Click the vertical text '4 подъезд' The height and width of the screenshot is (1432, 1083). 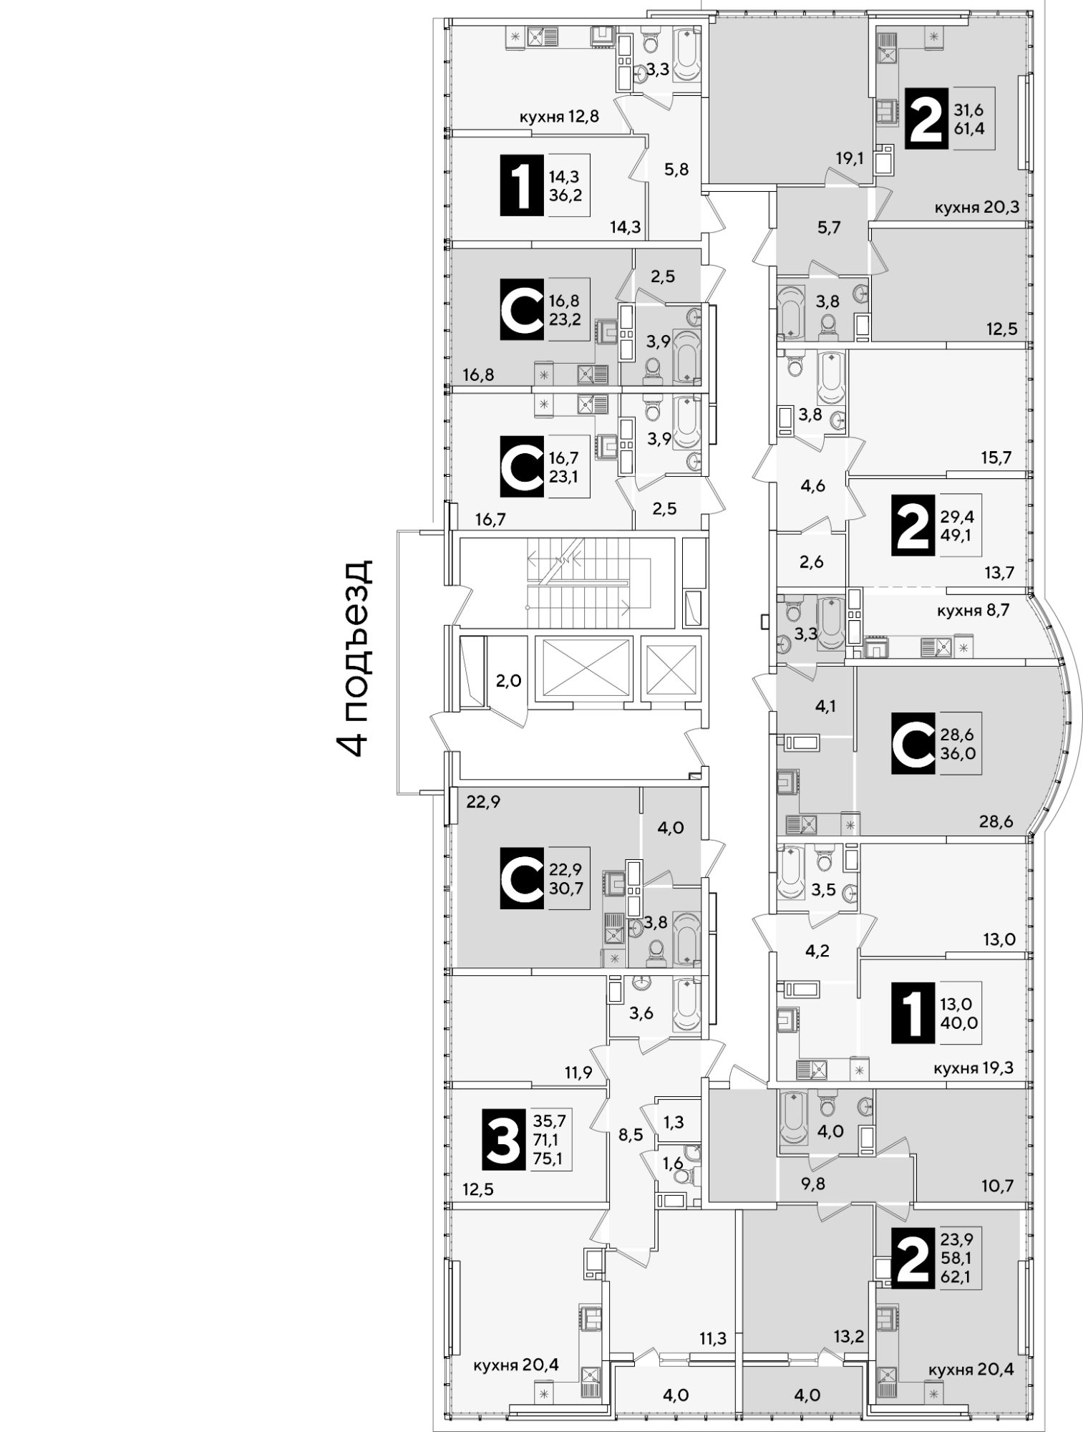(x=355, y=658)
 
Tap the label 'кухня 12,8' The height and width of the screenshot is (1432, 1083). (x=559, y=118)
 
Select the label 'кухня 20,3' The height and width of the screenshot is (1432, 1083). (x=976, y=208)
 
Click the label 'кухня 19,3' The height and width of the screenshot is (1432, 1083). (x=975, y=1069)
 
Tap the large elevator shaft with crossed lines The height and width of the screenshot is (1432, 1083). (x=587, y=667)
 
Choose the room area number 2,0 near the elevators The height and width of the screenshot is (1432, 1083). (x=508, y=679)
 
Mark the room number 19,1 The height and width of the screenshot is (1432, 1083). (x=850, y=159)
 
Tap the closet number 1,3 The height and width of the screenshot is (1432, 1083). (x=673, y=1121)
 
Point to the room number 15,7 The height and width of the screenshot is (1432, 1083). (x=997, y=457)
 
